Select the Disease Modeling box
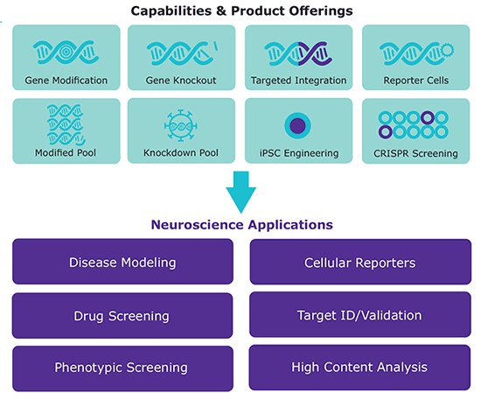pos(122,262)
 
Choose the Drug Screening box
pos(122,315)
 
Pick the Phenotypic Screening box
pos(122,368)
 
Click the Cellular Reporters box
pos(359,262)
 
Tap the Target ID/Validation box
pos(359,315)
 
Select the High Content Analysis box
pos(359,368)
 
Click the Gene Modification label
pos(66,81)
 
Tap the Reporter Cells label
pos(415,81)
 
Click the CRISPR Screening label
pos(415,154)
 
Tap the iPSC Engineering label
pos(298,154)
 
